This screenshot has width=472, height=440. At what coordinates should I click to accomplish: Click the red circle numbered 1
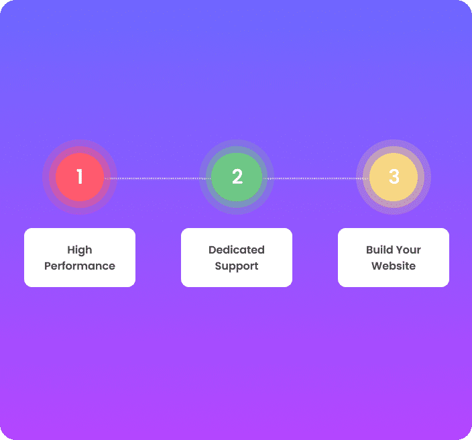[80, 177]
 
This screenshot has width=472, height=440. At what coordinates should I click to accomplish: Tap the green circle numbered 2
[237, 177]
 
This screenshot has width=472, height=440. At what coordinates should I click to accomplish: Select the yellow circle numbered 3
[394, 177]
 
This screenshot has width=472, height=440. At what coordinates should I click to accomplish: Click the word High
[80, 250]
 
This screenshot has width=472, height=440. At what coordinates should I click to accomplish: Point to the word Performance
[80, 266]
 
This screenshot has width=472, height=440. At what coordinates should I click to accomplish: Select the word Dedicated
[237, 250]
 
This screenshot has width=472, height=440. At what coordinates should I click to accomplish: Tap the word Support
[237, 266]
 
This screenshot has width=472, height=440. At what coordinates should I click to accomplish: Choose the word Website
[394, 266]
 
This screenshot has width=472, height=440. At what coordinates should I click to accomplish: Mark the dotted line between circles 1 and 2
[158, 178]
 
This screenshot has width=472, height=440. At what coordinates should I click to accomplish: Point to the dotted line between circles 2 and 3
[315, 178]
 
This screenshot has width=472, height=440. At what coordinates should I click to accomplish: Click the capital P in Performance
[48, 266]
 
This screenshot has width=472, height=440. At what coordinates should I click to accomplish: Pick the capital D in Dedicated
[213, 250]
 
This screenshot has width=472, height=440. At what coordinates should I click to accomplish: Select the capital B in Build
[369, 250]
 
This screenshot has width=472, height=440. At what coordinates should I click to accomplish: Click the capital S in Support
[218, 266]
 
